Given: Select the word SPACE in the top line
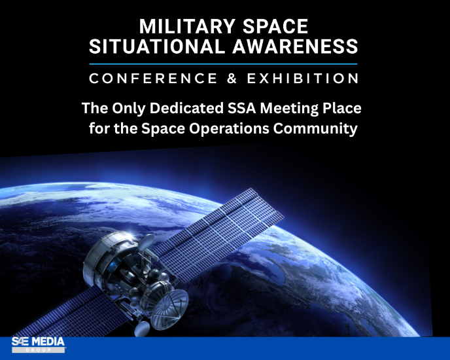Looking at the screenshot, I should coord(278,27).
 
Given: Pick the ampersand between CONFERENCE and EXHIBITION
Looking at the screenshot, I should coord(239,79).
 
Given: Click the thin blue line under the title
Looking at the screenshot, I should coord(224,63).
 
